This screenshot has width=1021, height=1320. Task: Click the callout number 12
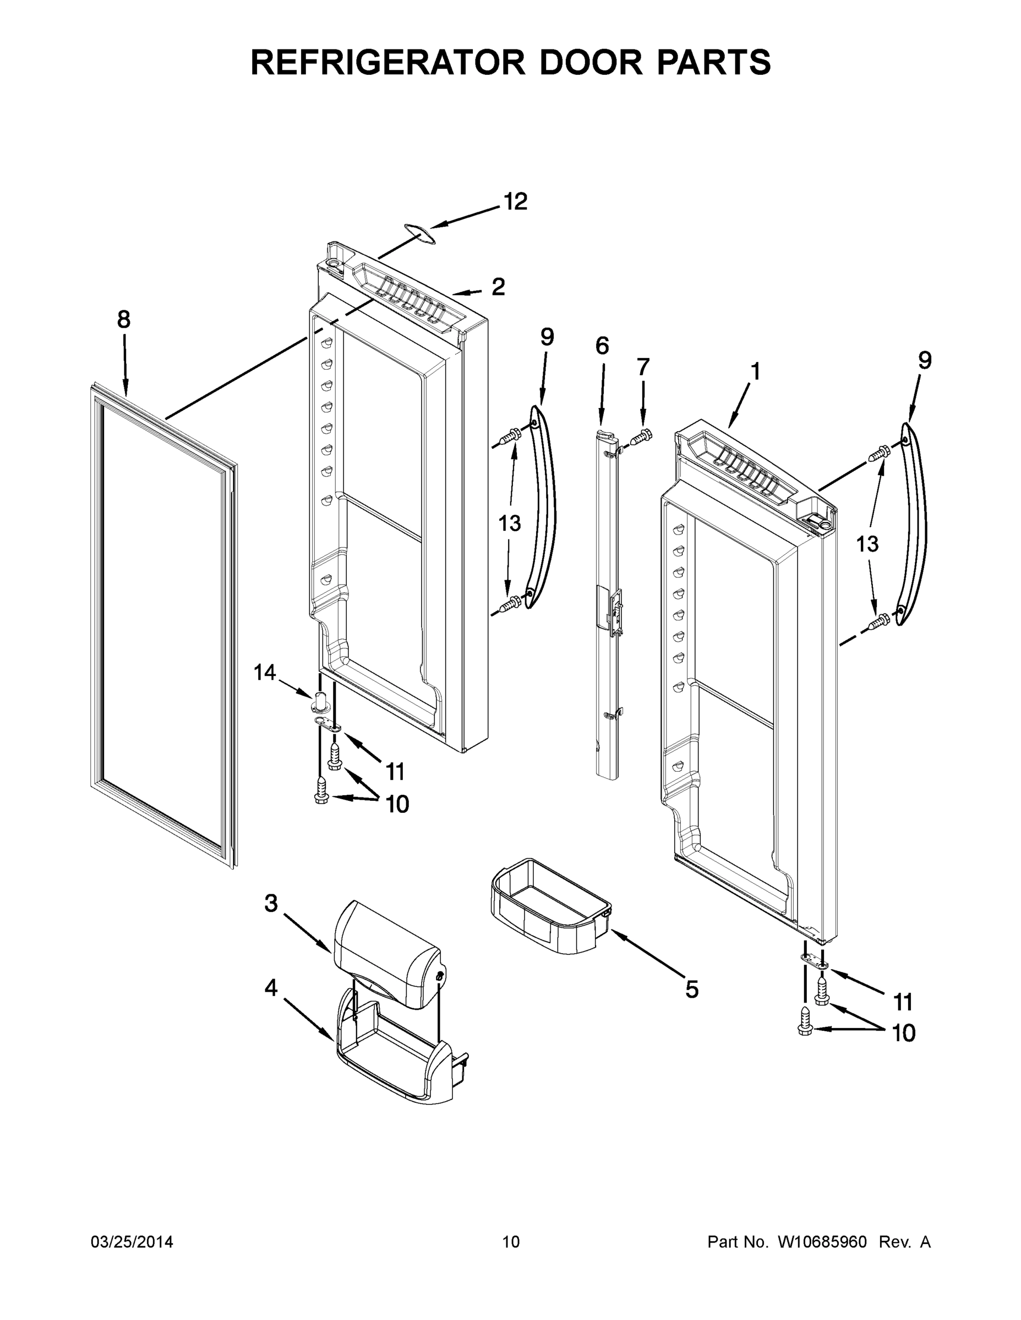click(x=515, y=202)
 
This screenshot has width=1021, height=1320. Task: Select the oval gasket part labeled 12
click(x=420, y=233)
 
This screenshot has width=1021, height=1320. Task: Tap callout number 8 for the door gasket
click(x=123, y=319)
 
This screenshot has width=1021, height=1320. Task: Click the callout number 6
click(x=602, y=346)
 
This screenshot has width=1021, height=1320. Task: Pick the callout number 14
click(x=264, y=672)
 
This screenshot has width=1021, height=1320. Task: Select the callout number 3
click(x=271, y=903)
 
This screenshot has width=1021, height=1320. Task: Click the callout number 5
click(x=691, y=990)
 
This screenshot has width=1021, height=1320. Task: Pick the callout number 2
click(x=498, y=287)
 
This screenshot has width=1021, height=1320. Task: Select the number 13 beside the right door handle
click(x=867, y=544)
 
